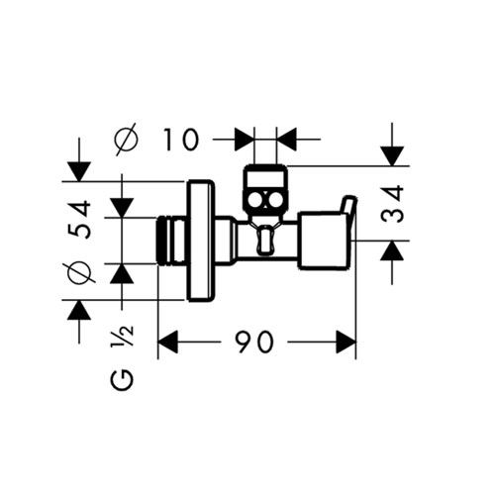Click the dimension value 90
(255, 342)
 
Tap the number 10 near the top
(181, 140)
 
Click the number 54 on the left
(79, 219)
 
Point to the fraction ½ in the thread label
(123, 336)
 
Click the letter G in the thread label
(122, 379)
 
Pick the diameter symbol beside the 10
(126, 140)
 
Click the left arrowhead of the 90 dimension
(168, 342)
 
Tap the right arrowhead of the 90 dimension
(346, 342)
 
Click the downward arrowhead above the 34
(392, 156)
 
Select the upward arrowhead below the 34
(392, 250)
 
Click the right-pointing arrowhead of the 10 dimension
(245, 140)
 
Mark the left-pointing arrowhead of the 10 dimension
(286, 140)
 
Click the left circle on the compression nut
(255, 200)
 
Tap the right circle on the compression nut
(275, 200)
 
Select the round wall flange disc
(200, 241)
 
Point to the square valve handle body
(323, 241)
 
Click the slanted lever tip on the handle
(349, 206)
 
